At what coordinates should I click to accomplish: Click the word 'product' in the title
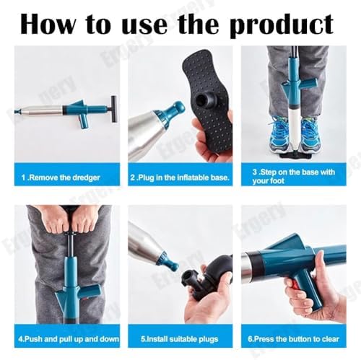click(x=281, y=25)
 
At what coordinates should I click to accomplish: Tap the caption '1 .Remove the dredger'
click(x=61, y=177)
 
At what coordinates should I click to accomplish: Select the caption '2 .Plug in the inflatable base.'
click(x=180, y=177)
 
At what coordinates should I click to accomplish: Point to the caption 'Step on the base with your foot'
click(x=294, y=176)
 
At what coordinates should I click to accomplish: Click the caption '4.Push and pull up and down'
click(x=69, y=339)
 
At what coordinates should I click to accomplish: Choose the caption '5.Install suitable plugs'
click(x=180, y=339)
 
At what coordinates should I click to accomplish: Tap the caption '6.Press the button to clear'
click(x=293, y=339)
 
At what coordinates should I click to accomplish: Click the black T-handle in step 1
click(x=114, y=109)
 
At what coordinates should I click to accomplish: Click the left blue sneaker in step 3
click(x=279, y=134)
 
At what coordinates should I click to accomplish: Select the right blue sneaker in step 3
click(x=310, y=134)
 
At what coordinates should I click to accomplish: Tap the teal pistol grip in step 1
click(x=84, y=120)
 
